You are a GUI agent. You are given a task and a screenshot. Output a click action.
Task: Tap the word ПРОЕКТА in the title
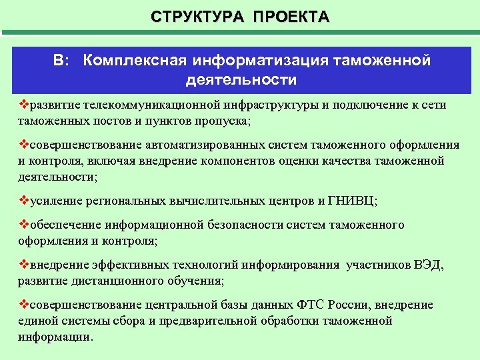pyautogui.click(x=291, y=16)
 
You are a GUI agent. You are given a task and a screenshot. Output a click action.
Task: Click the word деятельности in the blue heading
pyautogui.click(x=242, y=80)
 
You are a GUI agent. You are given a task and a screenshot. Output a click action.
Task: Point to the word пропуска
pyautogui.click(x=223, y=121)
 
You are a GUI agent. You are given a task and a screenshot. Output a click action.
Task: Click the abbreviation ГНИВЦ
pyautogui.click(x=359, y=201)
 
